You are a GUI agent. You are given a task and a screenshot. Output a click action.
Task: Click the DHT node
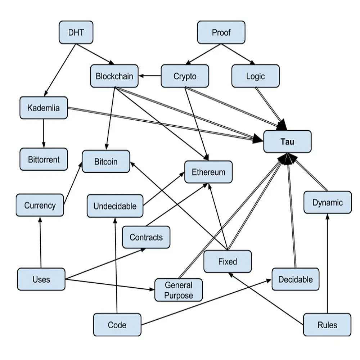tap(76, 32)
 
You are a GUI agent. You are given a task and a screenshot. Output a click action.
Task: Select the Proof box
tap(221, 32)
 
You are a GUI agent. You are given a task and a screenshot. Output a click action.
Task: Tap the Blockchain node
tap(114, 76)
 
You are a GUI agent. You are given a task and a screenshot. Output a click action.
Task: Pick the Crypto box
tap(185, 76)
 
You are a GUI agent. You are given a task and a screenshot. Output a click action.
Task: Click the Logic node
tap(255, 76)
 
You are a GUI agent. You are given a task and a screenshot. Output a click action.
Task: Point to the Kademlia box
tap(44, 108)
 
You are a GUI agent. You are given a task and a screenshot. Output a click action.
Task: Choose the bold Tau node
tap(287, 141)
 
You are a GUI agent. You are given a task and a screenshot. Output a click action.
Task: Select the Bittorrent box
tap(44, 159)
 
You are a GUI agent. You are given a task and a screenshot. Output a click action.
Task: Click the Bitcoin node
tap(106, 161)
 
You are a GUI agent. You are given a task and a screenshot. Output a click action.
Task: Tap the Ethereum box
tap(208, 172)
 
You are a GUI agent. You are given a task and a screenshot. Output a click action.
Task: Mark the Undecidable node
tap(115, 206)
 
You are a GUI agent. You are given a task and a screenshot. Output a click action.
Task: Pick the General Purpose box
tap(179, 290)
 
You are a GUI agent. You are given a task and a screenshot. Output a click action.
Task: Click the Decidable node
tap(295, 279)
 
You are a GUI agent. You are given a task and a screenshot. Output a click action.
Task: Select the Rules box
tap(327, 325)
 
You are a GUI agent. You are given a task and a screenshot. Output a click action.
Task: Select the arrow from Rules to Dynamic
tap(328, 263)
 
